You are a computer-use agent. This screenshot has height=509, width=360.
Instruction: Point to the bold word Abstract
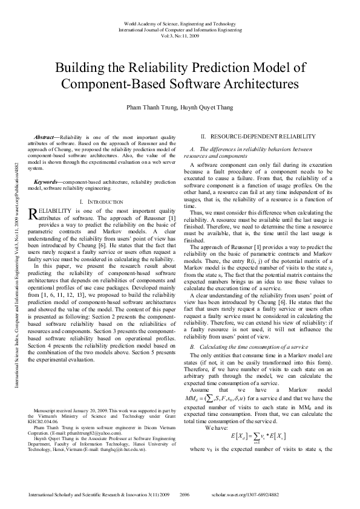click(x=46, y=138)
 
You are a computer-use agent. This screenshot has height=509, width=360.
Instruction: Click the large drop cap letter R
click(x=34, y=213)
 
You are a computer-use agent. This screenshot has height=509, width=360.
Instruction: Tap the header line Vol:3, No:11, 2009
click(x=180, y=34)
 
